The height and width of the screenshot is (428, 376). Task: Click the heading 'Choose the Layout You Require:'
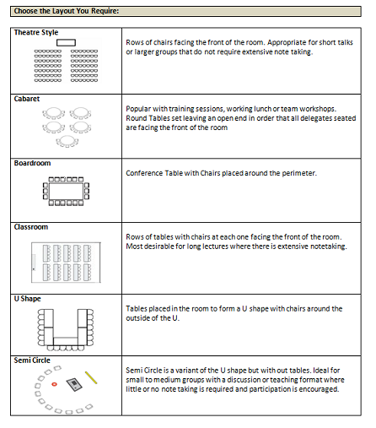pos(67,11)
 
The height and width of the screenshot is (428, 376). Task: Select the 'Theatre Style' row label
pos(36,32)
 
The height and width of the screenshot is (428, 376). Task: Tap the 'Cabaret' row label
pos(27,99)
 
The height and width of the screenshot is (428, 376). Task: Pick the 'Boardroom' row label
pos(33,163)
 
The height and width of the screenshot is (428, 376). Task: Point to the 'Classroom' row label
pos(31,227)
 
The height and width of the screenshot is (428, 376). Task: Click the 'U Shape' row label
pos(28,299)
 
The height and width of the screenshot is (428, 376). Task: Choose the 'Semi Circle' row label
pos(32,360)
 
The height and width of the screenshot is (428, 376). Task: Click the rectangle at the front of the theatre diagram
pos(66,42)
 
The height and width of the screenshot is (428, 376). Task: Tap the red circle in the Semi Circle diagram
pos(54,384)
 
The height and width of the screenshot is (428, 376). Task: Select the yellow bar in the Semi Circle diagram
pos(91,377)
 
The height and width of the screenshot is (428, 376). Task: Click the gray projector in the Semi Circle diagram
pos(74,384)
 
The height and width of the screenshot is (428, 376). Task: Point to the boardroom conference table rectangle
pos(67,191)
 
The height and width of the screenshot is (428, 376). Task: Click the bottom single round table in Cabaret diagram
pos(67,140)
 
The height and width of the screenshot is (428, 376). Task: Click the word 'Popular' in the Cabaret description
pos(137,109)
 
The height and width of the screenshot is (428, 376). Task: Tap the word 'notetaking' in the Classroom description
pos(329,247)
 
